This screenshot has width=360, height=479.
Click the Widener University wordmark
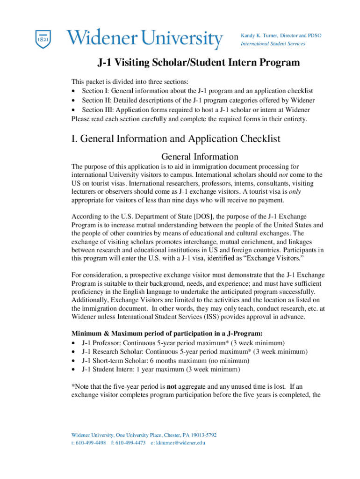[144, 39]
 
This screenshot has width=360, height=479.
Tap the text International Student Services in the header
[273, 44]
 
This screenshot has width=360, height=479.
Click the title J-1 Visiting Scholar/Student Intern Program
[198, 63]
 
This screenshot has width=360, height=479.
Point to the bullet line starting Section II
[198, 101]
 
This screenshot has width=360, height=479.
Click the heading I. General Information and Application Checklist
[176, 139]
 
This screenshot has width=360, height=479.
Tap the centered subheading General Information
[200, 157]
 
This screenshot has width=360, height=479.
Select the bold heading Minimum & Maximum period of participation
[167, 334]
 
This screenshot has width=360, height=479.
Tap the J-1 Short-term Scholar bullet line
[166, 361]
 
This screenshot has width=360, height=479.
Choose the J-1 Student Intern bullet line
[161, 370]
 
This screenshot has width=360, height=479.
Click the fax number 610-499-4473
[131, 443]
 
